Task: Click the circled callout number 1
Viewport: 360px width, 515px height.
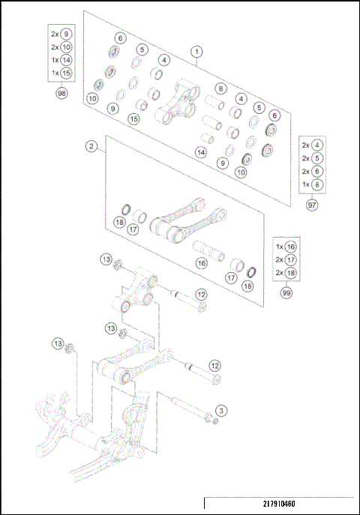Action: (x=196, y=52)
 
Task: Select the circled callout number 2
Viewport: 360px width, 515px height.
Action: (x=91, y=147)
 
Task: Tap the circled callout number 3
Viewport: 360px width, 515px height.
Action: (x=220, y=411)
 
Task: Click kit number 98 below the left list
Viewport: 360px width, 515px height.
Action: (x=61, y=94)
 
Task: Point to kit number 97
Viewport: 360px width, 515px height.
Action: (x=311, y=204)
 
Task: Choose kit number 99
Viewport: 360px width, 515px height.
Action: (x=286, y=293)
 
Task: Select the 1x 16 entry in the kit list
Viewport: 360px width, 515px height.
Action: (x=286, y=246)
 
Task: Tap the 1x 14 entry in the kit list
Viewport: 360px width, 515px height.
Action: (x=61, y=59)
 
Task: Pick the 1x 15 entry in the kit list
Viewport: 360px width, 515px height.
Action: (x=61, y=72)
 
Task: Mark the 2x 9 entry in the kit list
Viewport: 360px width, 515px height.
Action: (x=61, y=34)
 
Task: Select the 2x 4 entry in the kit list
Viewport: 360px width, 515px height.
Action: (x=311, y=145)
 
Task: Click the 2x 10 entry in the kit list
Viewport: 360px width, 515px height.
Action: (x=61, y=46)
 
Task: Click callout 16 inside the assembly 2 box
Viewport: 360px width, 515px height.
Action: (x=201, y=263)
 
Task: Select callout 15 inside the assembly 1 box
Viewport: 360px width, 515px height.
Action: (x=133, y=119)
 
